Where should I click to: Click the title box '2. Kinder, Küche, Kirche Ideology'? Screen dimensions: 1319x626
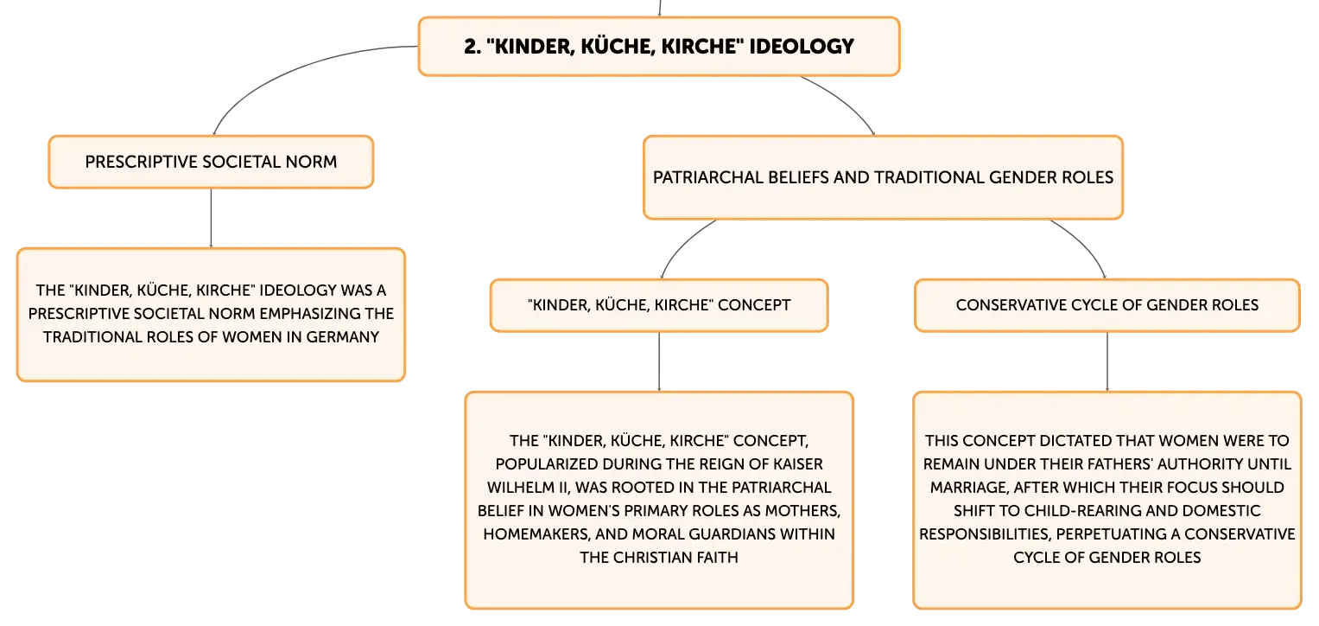click(659, 46)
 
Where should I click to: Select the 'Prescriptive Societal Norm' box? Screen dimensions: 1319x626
click(211, 162)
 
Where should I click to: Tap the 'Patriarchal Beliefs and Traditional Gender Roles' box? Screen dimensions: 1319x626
click(883, 177)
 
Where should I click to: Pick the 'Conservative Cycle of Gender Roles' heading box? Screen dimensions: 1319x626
click(1107, 305)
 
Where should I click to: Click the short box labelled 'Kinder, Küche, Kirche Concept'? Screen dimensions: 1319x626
click(659, 305)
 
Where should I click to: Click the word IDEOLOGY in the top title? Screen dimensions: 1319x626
click(802, 47)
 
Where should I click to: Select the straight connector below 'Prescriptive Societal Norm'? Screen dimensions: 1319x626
click(211, 218)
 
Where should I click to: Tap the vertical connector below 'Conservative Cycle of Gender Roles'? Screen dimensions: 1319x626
click(1107, 361)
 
